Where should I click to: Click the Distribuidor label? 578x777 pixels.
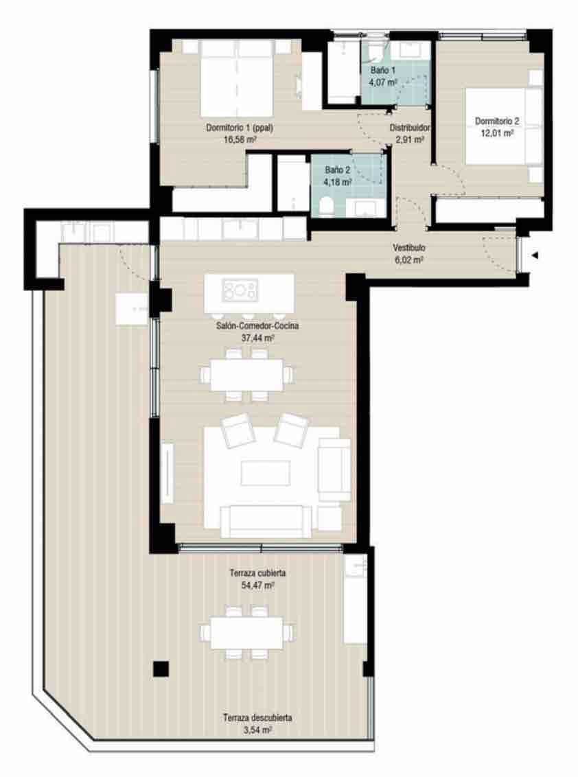(x=410, y=128)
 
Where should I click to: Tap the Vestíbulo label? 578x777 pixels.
(x=409, y=248)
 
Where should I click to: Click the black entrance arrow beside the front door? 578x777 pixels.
(x=534, y=256)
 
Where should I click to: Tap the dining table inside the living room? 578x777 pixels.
(x=246, y=375)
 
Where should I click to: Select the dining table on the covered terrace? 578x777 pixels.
(x=246, y=633)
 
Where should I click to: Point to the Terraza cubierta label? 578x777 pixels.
(x=257, y=574)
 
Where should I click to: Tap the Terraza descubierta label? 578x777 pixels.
(x=257, y=718)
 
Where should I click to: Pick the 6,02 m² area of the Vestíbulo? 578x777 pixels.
(x=409, y=260)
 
